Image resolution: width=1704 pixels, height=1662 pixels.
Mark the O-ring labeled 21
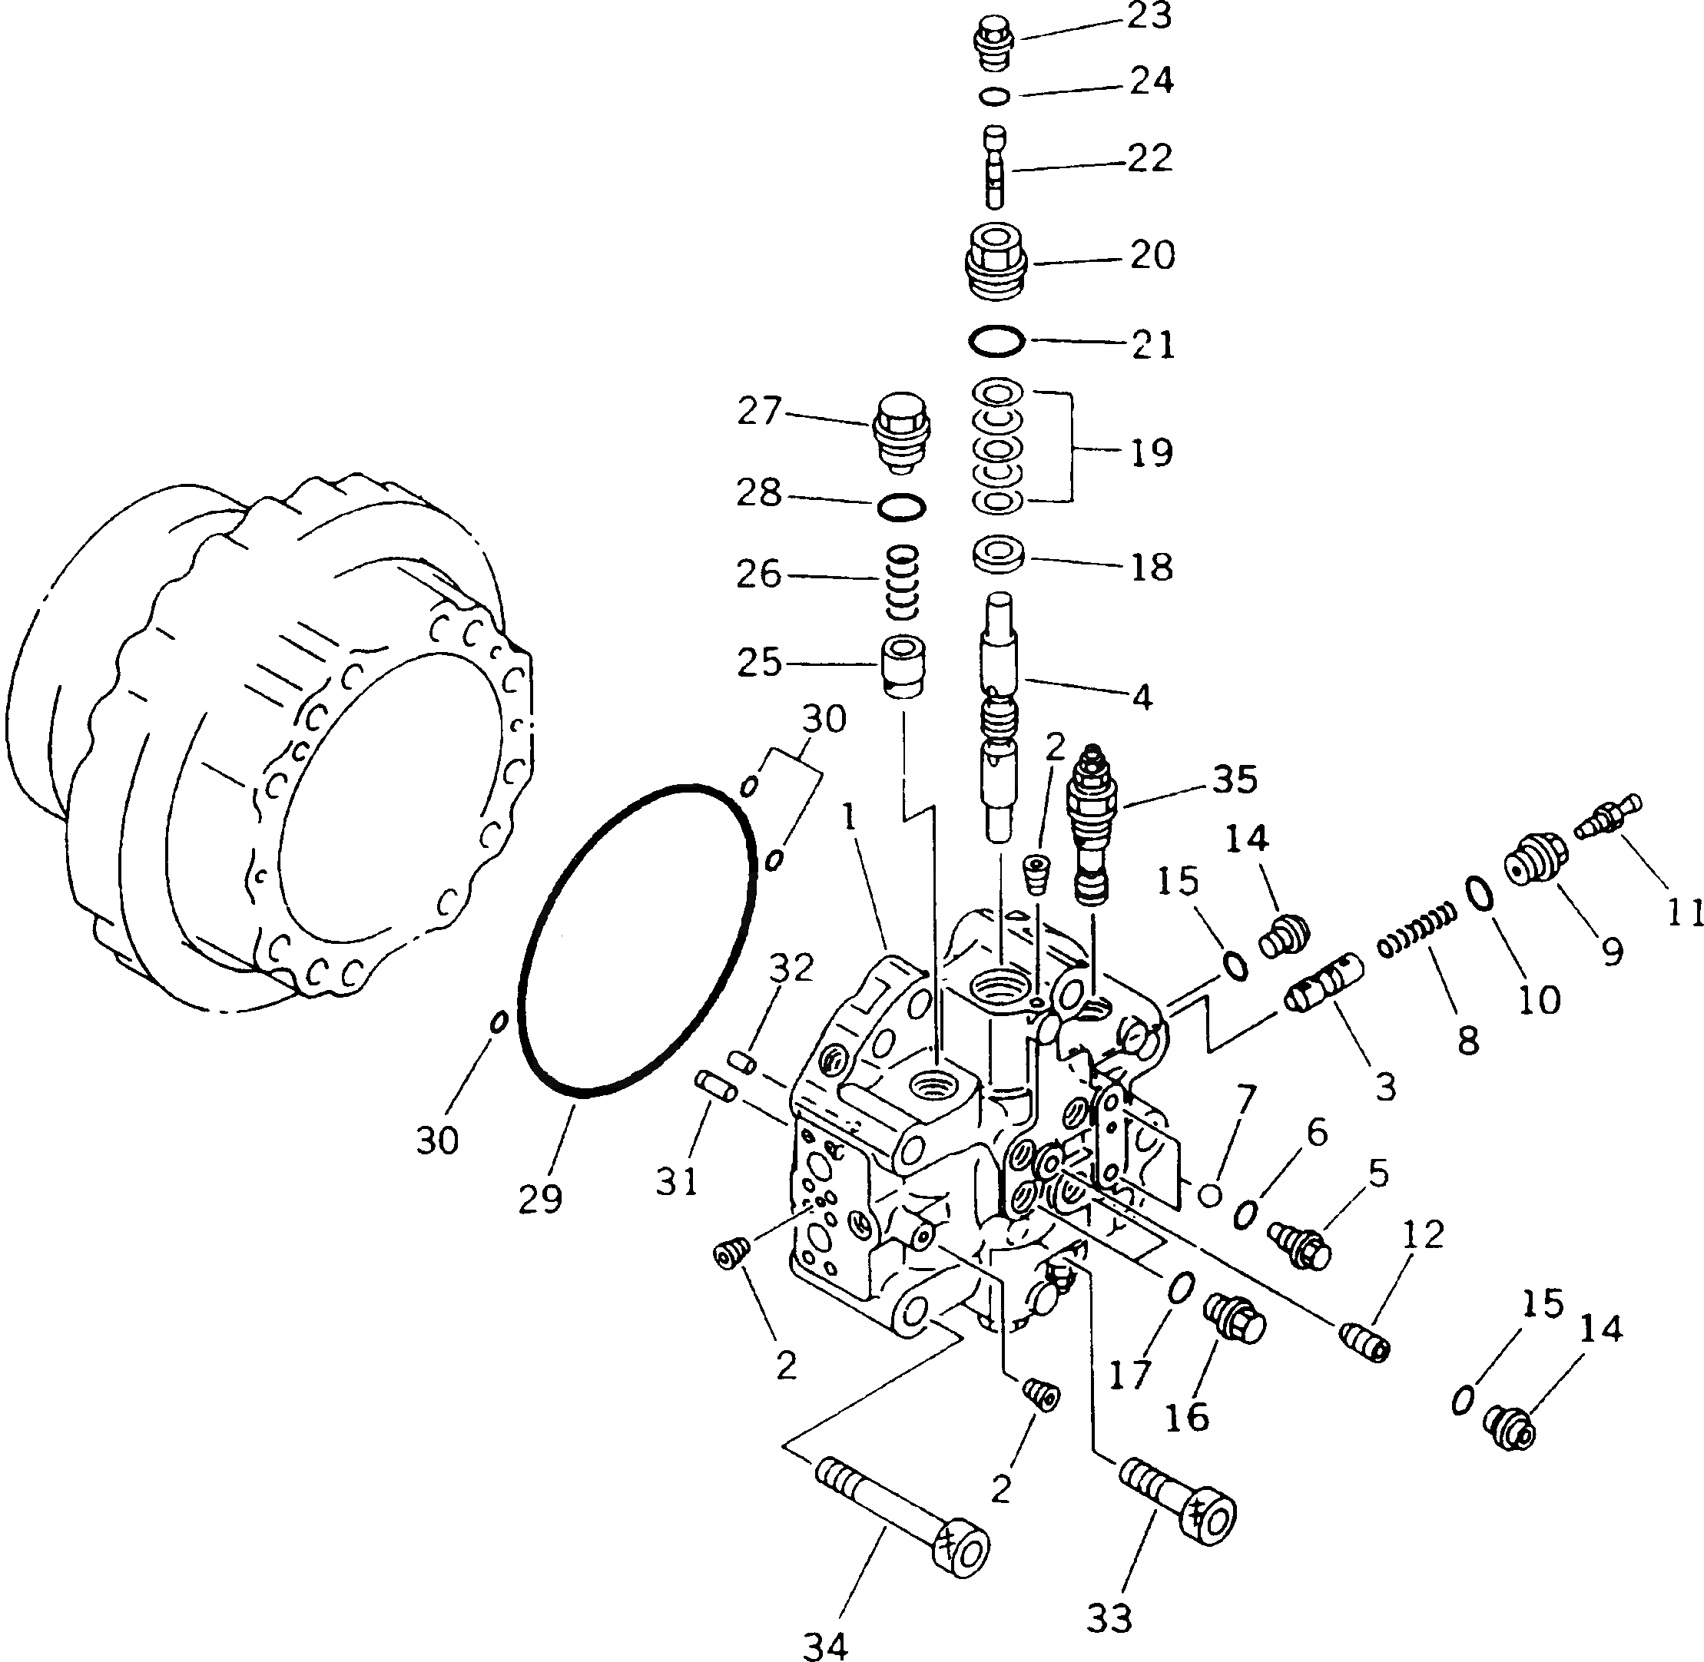tap(997, 340)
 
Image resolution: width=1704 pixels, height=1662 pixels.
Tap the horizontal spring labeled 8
tap(1417, 932)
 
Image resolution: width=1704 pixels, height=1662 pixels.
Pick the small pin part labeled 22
tap(996, 167)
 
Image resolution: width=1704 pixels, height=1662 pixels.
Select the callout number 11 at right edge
tap(1683, 913)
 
